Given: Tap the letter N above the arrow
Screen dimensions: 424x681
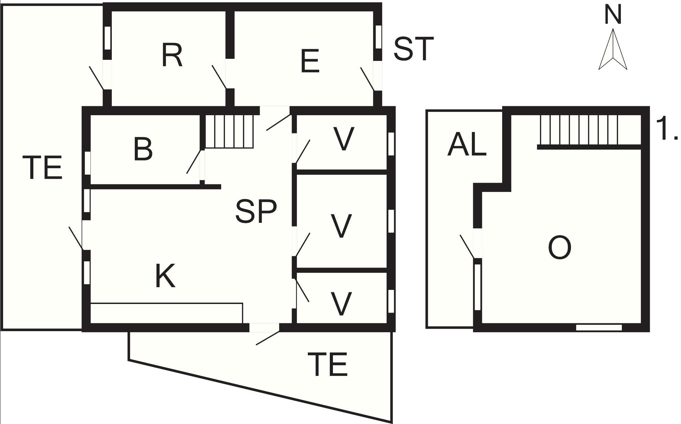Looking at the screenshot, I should [613, 15].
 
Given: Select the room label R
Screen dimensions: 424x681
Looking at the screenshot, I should [172, 56].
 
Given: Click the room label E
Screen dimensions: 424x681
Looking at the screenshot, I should [310, 61].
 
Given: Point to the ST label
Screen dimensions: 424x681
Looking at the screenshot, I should [413, 49].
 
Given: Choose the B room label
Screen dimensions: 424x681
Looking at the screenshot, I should [143, 149].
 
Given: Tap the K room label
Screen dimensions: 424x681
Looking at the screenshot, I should [165, 276].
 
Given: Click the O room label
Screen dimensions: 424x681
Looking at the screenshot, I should [560, 248].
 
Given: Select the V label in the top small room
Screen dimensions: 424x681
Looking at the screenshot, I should [344, 139].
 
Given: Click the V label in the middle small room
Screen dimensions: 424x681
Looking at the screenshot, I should [341, 226].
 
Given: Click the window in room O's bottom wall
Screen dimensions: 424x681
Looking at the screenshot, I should [599, 328].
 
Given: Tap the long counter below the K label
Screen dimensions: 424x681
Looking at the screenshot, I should [166, 313].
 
